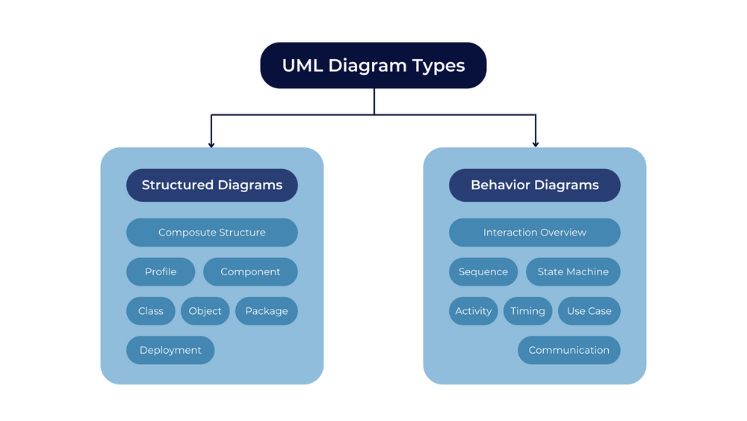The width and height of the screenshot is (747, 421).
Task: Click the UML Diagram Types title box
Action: [x=373, y=65]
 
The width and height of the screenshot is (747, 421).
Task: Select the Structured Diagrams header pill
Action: [x=212, y=185]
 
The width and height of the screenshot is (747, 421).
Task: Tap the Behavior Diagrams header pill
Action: [x=535, y=185]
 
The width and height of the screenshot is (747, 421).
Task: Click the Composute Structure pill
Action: [x=212, y=233]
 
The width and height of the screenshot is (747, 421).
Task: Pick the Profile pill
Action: [x=161, y=271]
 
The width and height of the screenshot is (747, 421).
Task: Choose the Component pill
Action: [x=250, y=271]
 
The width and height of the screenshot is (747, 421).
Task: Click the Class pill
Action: [x=151, y=311]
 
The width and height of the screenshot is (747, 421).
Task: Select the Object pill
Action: [x=205, y=311]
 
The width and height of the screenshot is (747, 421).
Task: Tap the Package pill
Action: [x=267, y=311]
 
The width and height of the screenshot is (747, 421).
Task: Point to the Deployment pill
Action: [x=170, y=350]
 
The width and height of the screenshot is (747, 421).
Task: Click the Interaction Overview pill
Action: [x=535, y=233]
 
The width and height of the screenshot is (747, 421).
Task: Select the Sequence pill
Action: [x=483, y=271]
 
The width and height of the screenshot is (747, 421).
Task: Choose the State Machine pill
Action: [x=573, y=271]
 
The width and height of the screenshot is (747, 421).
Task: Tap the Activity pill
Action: [x=473, y=311]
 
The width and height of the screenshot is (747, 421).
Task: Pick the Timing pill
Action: [x=528, y=311]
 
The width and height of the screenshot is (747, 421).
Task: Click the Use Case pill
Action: [x=589, y=311]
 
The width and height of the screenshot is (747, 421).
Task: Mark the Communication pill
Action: [x=568, y=350]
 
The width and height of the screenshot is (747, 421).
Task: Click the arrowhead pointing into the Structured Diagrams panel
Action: [x=211, y=144]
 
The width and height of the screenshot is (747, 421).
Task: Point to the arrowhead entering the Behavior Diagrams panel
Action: [x=536, y=144]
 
